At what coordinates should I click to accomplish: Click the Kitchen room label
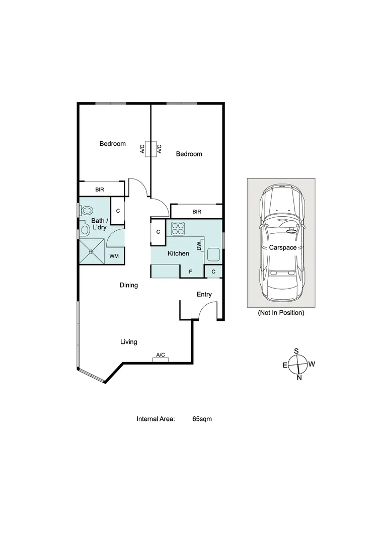point(178,253)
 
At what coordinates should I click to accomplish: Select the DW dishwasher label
point(199,246)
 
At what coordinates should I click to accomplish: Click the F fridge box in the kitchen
point(190,271)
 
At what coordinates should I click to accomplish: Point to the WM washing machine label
point(114,256)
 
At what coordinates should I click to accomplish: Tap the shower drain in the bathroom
point(92,251)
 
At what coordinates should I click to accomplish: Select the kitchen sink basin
point(213,255)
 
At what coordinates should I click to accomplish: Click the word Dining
point(128,285)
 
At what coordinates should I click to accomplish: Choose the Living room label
point(128,342)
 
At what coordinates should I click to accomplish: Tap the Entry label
point(204,295)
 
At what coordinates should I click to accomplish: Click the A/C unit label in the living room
point(161,355)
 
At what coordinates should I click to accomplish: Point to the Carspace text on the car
point(282,248)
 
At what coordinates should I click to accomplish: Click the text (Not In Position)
point(281,313)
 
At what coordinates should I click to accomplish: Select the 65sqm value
point(202,418)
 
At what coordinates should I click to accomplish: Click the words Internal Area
point(156,418)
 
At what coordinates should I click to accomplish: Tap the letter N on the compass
point(299,378)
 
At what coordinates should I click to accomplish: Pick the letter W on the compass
point(312,364)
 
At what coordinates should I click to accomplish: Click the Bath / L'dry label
point(99,224)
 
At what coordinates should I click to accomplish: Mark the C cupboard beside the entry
point(213,271)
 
